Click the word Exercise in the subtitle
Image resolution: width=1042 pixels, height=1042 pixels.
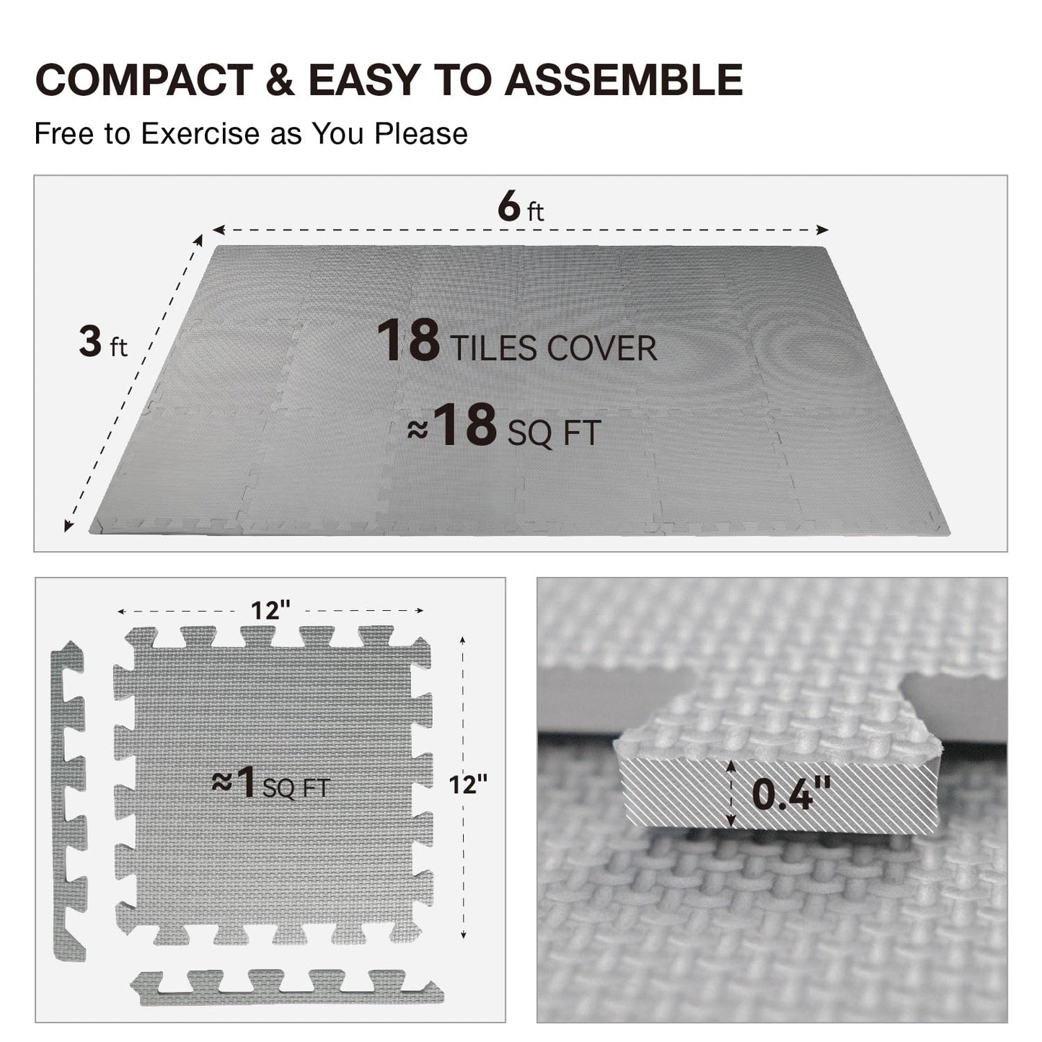tap(200, 134)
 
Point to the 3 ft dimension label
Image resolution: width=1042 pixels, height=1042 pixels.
tap(103, 343)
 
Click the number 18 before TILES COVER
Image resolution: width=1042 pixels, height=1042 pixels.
tap(408, 340)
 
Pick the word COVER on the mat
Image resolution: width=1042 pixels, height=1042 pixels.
tap(601, 348)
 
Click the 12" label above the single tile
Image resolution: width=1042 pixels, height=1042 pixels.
tap(270, 611)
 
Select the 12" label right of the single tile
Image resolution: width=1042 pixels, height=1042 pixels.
tap(468, 784)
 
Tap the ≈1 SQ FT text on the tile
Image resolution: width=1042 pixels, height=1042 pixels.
tap(270, 784)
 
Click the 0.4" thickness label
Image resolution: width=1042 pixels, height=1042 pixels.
tap(792, 793)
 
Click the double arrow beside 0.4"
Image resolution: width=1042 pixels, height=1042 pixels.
tap(731, 793)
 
